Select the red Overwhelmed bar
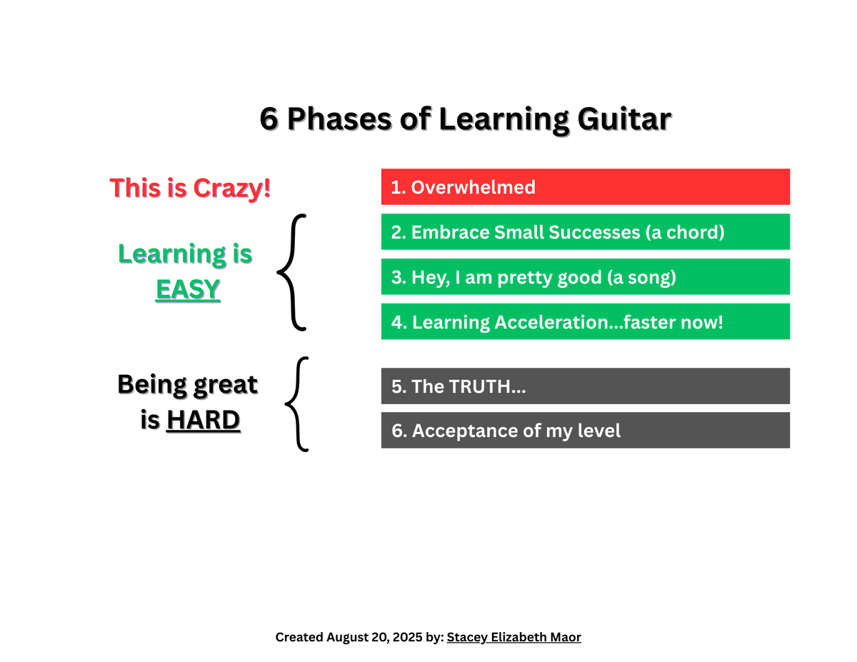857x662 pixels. [x=585, y=187]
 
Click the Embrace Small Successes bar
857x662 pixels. [x=585, y=232]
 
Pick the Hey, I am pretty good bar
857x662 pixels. [x=585, y=277]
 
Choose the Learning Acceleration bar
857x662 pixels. [x=585, y=321]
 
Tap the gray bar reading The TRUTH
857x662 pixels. [x=585, y=386]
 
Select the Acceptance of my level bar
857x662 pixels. [x=585, y=431]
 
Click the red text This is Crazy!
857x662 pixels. [x=190, y=188]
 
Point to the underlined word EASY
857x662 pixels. [x=188, y=289]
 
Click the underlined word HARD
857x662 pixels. [x=203, y=421]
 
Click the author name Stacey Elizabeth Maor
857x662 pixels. [x=513, y=637]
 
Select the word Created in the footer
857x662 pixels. [x=299, y=637]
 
